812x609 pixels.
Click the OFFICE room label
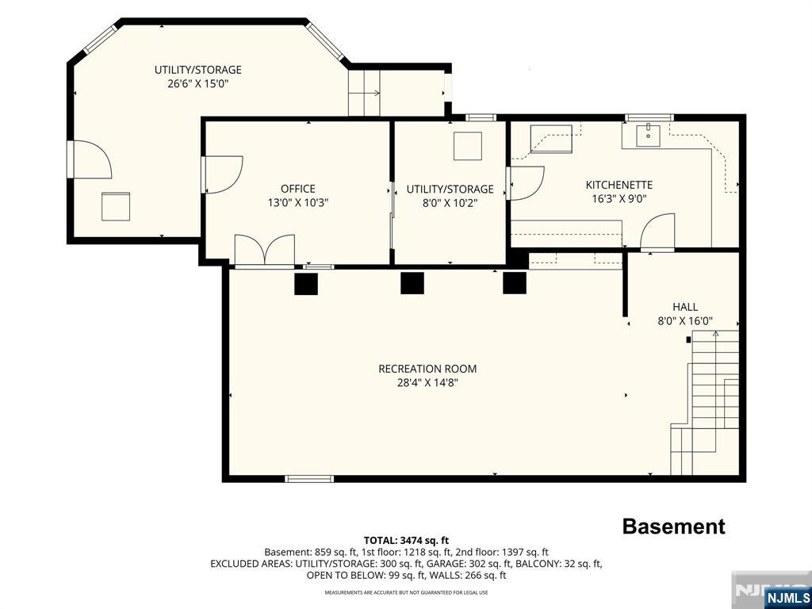point(298,189)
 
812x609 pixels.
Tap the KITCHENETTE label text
point(619,185)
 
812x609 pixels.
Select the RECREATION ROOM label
point(427,369)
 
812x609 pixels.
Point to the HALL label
point(685,307)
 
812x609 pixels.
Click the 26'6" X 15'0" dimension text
point(197,83)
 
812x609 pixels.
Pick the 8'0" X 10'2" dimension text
point(450,203)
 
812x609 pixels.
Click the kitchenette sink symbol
point(648,135)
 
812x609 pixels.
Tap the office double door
point(265,251)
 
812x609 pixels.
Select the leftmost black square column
point(305,284)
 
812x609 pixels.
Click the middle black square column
point(412,283)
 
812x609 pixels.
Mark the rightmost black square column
point(515,283)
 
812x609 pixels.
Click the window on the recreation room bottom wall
point(309,479)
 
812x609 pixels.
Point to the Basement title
point(673,527)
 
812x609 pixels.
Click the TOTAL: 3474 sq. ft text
point(406,541)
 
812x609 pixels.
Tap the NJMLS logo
point(787,596)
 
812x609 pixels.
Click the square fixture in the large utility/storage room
point(116,206)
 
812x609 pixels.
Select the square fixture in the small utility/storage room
point(468,146)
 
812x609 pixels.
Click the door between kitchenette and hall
point(657,232)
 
